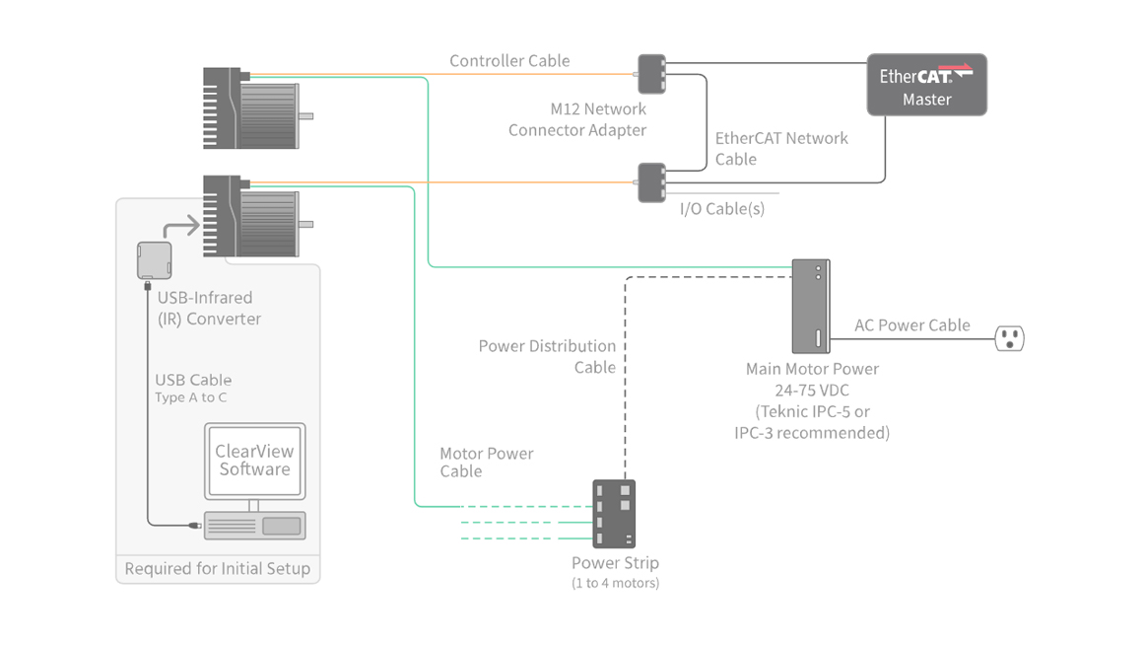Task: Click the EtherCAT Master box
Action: coord(926,85)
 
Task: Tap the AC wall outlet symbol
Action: coord(1009,338)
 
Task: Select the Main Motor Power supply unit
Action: coord(811,306)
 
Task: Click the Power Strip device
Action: coord(614,513)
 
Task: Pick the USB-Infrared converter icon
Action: coord(154,260)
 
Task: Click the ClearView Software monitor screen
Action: coord(254,461)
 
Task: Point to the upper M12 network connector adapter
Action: coord(651,74)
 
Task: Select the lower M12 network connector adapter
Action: coord(651,182)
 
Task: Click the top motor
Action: coord(255,107)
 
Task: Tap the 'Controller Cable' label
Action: coord(509,61)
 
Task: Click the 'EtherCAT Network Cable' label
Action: coord(780,149)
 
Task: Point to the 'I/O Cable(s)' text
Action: coord(721,209)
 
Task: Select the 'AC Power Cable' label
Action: coord(911,325)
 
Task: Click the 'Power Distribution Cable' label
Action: coord(547,357)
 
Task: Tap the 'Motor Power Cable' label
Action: coord(486,463)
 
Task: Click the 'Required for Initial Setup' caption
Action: coord(218,569)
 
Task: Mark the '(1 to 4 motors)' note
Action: coord(615,583)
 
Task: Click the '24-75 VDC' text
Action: coord(811,391)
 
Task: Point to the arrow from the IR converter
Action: coord(182,228)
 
